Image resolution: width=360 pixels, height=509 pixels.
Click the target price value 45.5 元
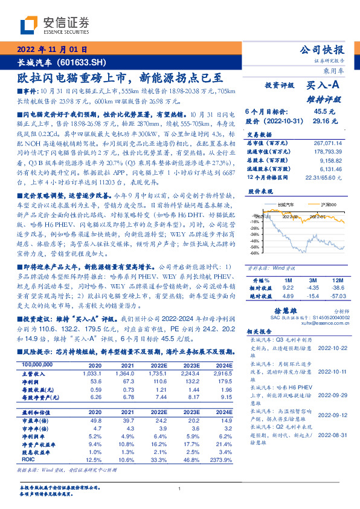[320, 112]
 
